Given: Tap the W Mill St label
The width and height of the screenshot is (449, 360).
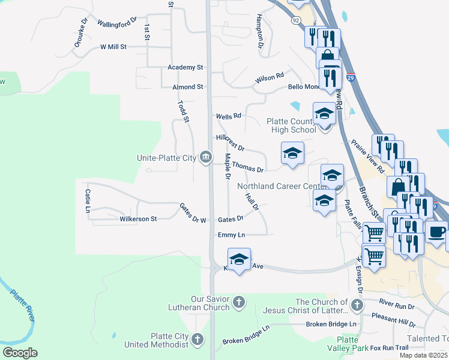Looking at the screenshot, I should (x=113, y=46).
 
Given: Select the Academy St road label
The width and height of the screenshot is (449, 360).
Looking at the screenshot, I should (x=186, y=67).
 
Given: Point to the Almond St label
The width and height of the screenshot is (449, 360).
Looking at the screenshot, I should (x=187, y=87).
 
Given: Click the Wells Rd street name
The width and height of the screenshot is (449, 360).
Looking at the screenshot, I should (x=228, y=115).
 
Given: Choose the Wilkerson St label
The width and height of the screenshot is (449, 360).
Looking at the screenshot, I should (x=138, y=219).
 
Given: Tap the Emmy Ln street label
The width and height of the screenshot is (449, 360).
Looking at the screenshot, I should (x=232, y=235).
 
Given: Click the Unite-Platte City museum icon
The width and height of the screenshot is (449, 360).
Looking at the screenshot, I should (x=205, y=157).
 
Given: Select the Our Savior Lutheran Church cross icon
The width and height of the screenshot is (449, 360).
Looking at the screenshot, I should (x=239, y=302).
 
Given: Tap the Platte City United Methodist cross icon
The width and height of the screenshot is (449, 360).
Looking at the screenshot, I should (x=197, y=340).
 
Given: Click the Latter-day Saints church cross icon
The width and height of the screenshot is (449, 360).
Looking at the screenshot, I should (x=357, y=306).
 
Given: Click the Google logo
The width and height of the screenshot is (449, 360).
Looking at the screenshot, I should (x=20, y=353).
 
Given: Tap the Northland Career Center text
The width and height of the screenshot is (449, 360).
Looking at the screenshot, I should (x=283, y=186).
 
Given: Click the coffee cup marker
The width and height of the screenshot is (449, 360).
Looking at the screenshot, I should (x=436, y=230).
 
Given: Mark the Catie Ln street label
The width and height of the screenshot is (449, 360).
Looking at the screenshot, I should (x=88, y=201).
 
